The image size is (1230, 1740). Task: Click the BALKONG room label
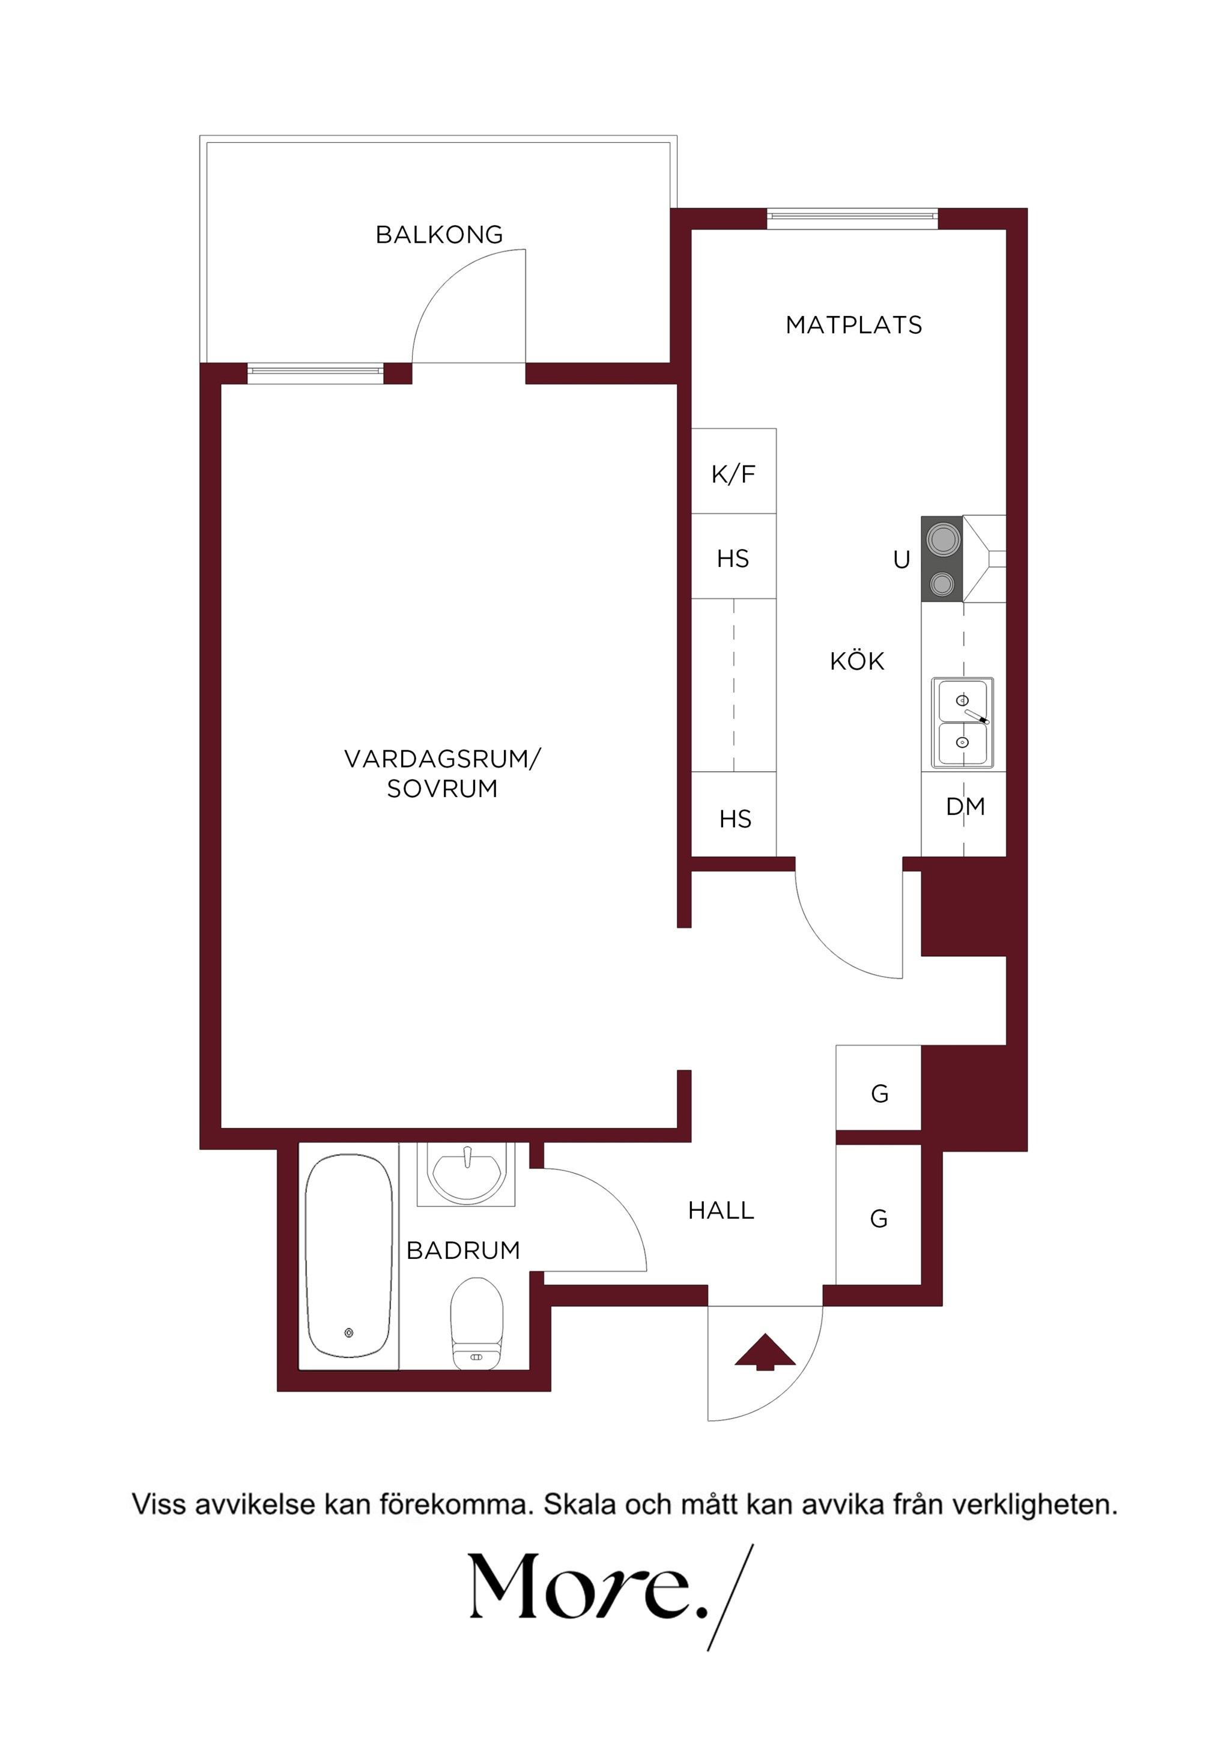439,235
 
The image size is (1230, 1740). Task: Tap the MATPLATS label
854,325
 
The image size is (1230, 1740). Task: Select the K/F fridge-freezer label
733,474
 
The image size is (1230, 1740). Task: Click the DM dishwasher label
966,807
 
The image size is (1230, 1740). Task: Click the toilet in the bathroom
477,1323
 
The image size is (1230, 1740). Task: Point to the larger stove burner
942,539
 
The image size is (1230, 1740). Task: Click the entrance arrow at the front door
765,1352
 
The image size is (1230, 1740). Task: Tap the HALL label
721,1211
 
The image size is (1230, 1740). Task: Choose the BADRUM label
463,1250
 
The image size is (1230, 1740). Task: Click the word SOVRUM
443,789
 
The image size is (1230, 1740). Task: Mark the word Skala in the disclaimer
577,1505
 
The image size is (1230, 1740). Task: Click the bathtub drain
348,1333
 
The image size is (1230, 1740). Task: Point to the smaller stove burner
942,584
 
